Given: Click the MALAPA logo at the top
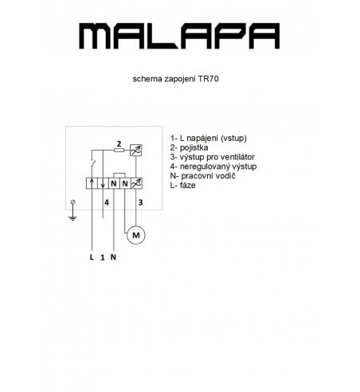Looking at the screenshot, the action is (x=179, y=36).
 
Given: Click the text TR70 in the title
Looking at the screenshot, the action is (x=208, y=79).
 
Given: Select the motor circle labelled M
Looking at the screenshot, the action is (x=136, y=235).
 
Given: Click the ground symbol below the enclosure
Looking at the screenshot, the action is (x=72, y=210).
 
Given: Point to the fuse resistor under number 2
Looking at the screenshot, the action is (x=119, y=151).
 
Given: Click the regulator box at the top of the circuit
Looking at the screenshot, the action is (x=135, y=150).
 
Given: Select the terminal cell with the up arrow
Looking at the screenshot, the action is (x=92, y=183).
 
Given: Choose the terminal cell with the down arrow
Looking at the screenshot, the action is (x=103, y=183).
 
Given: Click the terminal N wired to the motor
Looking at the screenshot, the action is (x=125, y=183).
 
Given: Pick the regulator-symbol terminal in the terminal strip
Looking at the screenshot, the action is (x=136, y=183).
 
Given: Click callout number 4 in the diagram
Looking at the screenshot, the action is (x=107, y=202).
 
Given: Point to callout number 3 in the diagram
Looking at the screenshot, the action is (x=140, y=202).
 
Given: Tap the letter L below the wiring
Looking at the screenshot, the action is (x=92, y=257).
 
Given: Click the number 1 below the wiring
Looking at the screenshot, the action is (x=103, y=257).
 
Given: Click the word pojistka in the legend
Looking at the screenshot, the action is (x=194, y=148).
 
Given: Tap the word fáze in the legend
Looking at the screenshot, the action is (x=188, y=185).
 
